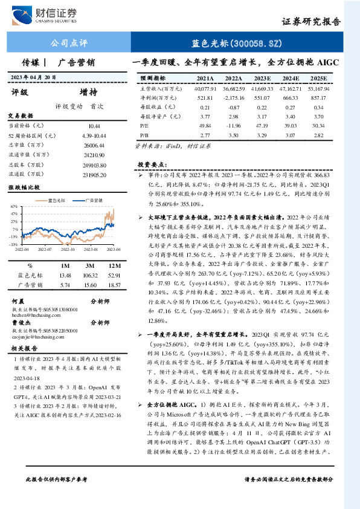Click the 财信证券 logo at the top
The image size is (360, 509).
(48, 13)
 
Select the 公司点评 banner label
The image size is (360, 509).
(69, 43)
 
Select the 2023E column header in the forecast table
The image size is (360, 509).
(263, 79)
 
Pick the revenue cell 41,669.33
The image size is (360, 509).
(263, 88)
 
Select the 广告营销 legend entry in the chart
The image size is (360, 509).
(92, 199)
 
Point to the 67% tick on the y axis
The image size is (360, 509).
(14, 207)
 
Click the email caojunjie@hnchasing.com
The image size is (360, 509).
(41, 336)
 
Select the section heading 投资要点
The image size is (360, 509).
(151, 164)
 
